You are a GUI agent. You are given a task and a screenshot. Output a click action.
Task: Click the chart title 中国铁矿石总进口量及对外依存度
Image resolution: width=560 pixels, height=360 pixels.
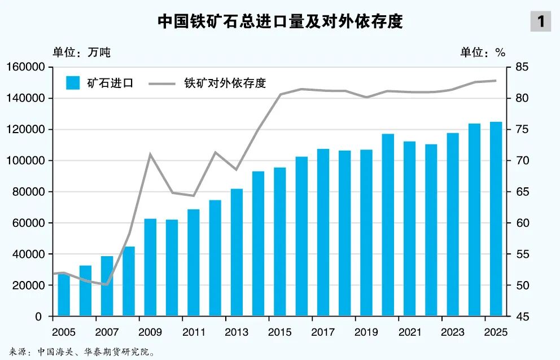[x=280, y=21]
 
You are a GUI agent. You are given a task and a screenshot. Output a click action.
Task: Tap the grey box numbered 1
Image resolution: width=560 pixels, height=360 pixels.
[x=541, y=21]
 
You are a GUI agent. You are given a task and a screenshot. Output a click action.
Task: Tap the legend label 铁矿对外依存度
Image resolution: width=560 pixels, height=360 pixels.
[x=225, y=83]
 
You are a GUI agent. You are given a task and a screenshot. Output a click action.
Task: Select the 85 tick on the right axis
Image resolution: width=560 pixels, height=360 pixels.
[x=522, y=67]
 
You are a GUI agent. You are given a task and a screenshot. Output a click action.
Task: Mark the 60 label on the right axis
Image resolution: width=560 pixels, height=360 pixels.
[x=522, y=223]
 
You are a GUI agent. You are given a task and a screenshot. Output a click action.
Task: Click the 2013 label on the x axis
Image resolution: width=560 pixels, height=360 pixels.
[x=237, y=332]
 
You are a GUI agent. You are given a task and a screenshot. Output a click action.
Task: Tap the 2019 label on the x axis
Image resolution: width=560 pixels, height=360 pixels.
[x=366, y=332]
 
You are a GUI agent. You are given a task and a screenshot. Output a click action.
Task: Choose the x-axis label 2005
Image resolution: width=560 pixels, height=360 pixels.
[x=64, y=332]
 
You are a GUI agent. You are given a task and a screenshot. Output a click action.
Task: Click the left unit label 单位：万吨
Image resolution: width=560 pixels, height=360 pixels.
[x=81, y=52]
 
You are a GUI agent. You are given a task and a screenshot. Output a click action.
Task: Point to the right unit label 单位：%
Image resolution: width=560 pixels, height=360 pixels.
[x=483, y=52]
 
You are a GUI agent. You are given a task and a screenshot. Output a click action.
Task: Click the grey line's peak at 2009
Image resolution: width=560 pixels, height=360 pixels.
[x=150, y=153]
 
